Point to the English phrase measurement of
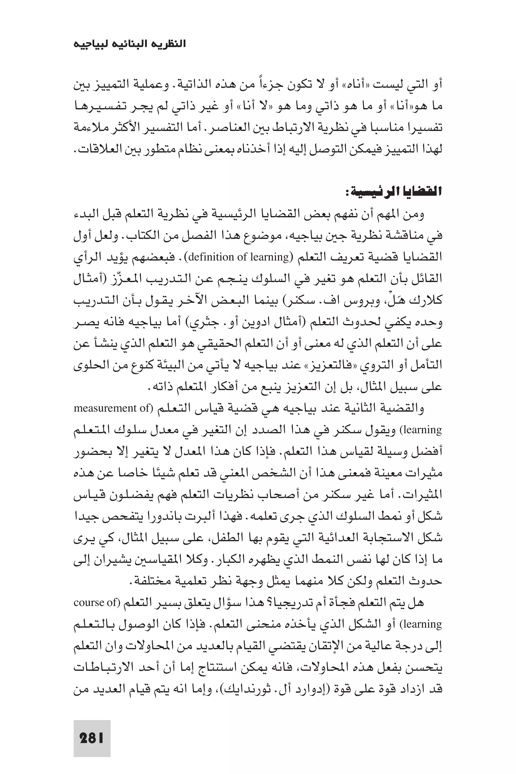112,408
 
